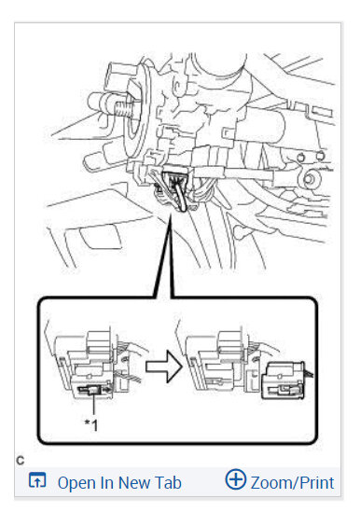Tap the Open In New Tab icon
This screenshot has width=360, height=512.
(37, 481)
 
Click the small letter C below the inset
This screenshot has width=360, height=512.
(20, 459)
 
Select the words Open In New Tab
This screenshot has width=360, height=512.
(118, 482)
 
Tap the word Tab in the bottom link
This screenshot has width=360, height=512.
(167, 482)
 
